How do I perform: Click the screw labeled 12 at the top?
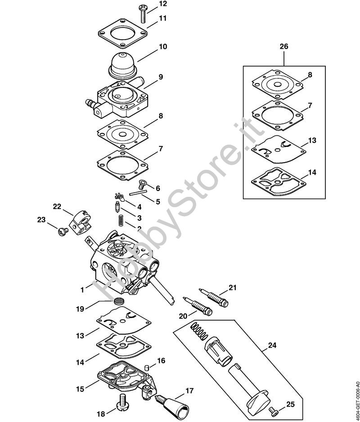coord(142,14)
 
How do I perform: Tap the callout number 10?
coord(162,46)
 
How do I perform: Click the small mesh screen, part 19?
coord(118,300)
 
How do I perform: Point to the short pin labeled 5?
coord(138,192)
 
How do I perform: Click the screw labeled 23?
coord(63,231)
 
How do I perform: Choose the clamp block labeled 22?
coord(80,222)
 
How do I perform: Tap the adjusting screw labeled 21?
coord(213,298)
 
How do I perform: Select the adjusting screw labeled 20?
coord(198,307)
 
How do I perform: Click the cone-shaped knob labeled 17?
coord(172,405)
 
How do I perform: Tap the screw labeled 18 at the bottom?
coord(123,402)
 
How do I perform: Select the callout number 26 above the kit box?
coord(284,46)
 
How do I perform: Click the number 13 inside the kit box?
coord(312,141)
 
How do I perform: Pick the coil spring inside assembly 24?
coord(199,331)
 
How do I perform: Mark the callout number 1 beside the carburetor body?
coord(82,290)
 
